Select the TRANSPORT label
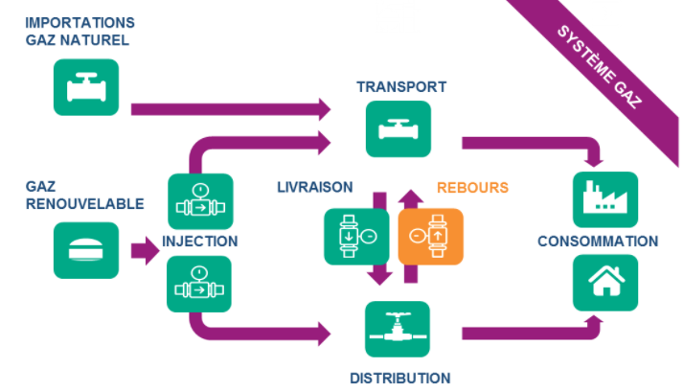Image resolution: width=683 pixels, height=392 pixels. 401,86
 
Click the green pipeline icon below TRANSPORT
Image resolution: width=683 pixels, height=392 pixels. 398,128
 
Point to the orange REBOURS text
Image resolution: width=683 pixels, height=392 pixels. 472,187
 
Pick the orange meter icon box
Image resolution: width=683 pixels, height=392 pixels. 430,235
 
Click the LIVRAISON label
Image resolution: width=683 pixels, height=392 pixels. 315,187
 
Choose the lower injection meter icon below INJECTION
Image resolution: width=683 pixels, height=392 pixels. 200,284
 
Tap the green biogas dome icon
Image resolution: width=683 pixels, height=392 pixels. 85,251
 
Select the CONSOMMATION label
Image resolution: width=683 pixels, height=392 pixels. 598,242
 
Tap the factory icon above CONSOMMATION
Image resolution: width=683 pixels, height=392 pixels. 604,199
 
